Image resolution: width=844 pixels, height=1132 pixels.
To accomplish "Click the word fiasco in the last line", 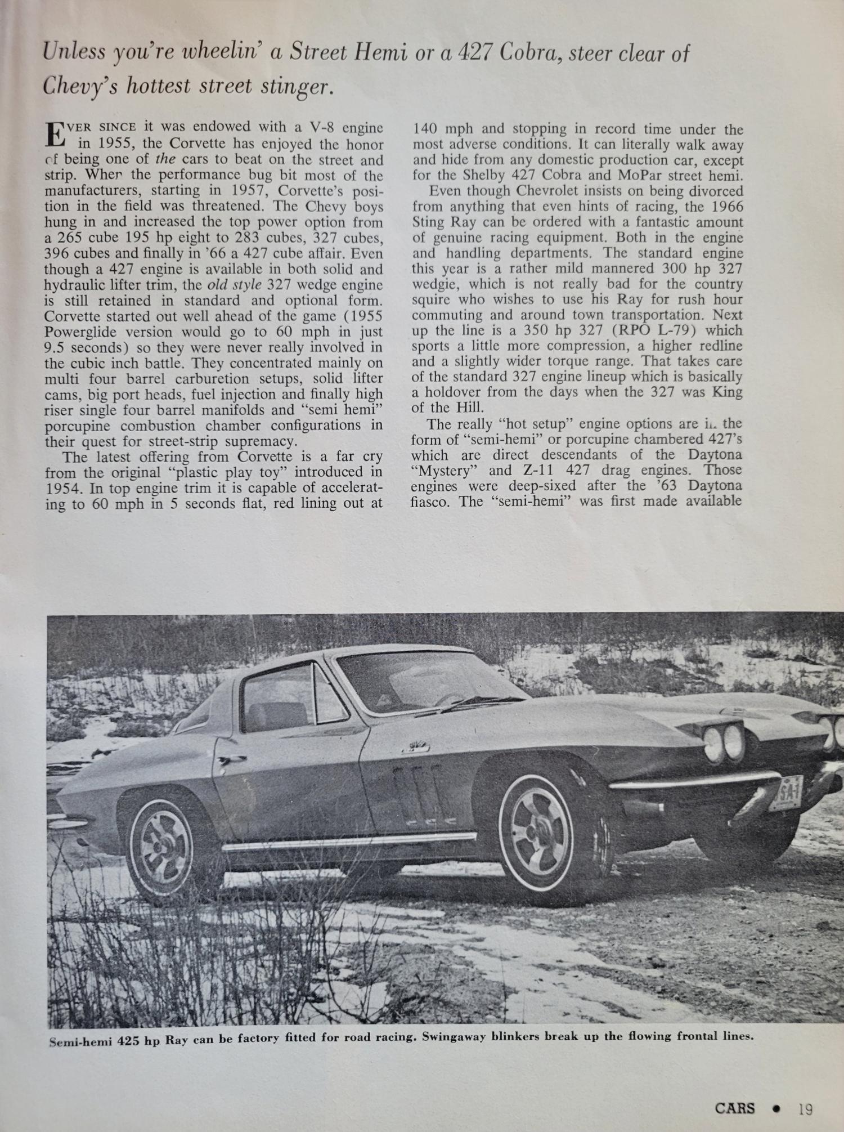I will [x=431, y=502].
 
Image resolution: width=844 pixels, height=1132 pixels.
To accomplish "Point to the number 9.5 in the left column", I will [x=55, y=348].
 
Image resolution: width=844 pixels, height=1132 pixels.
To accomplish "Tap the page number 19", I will [x=805, y=1108].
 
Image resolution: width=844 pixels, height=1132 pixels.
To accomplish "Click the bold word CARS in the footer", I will [x=735, y=1108].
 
